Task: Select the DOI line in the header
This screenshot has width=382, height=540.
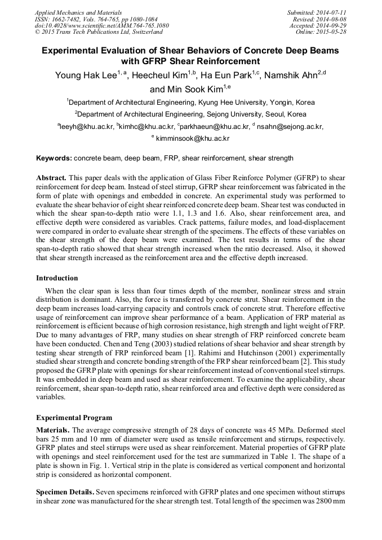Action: [101, 26]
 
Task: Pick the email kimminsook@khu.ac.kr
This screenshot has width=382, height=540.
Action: [193, 139]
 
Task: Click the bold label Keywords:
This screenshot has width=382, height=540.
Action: [54, 158]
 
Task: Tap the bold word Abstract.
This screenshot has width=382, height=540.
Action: [52, 177]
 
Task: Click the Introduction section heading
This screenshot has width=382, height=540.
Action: [57, 278]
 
